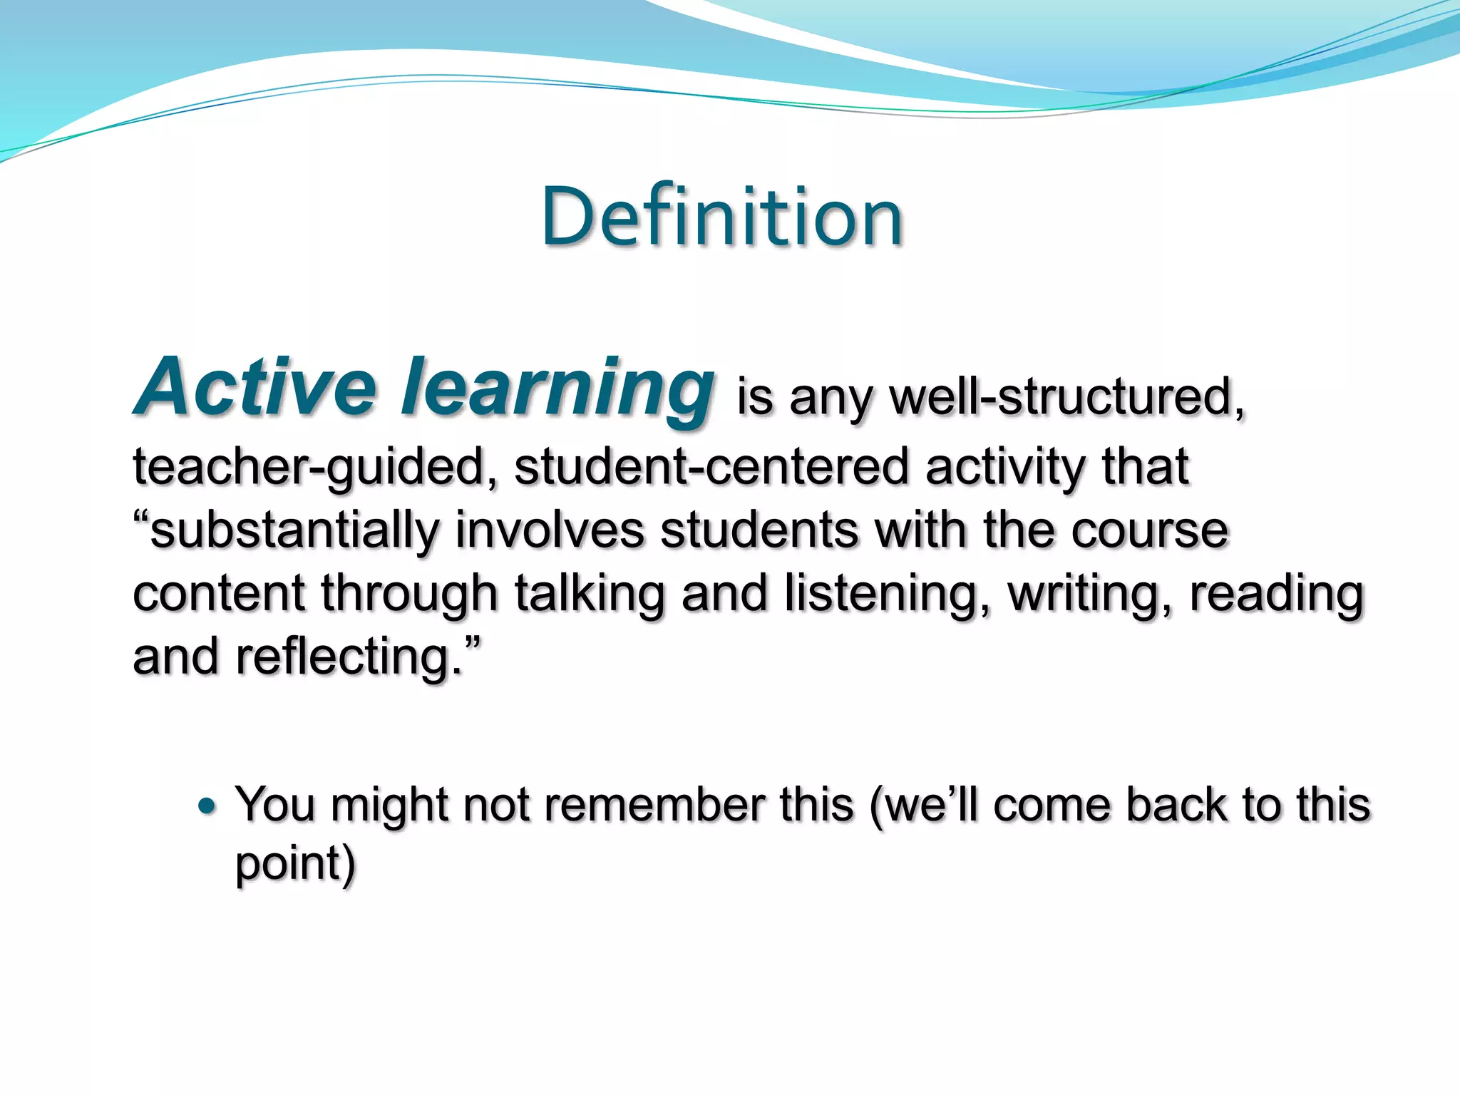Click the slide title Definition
pyautogui.click(x=721, y=217)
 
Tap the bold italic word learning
pyautogui.click(x=557, y=389)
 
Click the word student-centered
pyautogui.click(x=711, y=466)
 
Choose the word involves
pyautogui.click(x=550, y=530)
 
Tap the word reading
pyautogui.click(x=1276, y=594)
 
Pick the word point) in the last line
pyautogui.click(x=295, y=864)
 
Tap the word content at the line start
pyautogui.click(x=219, y=594)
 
